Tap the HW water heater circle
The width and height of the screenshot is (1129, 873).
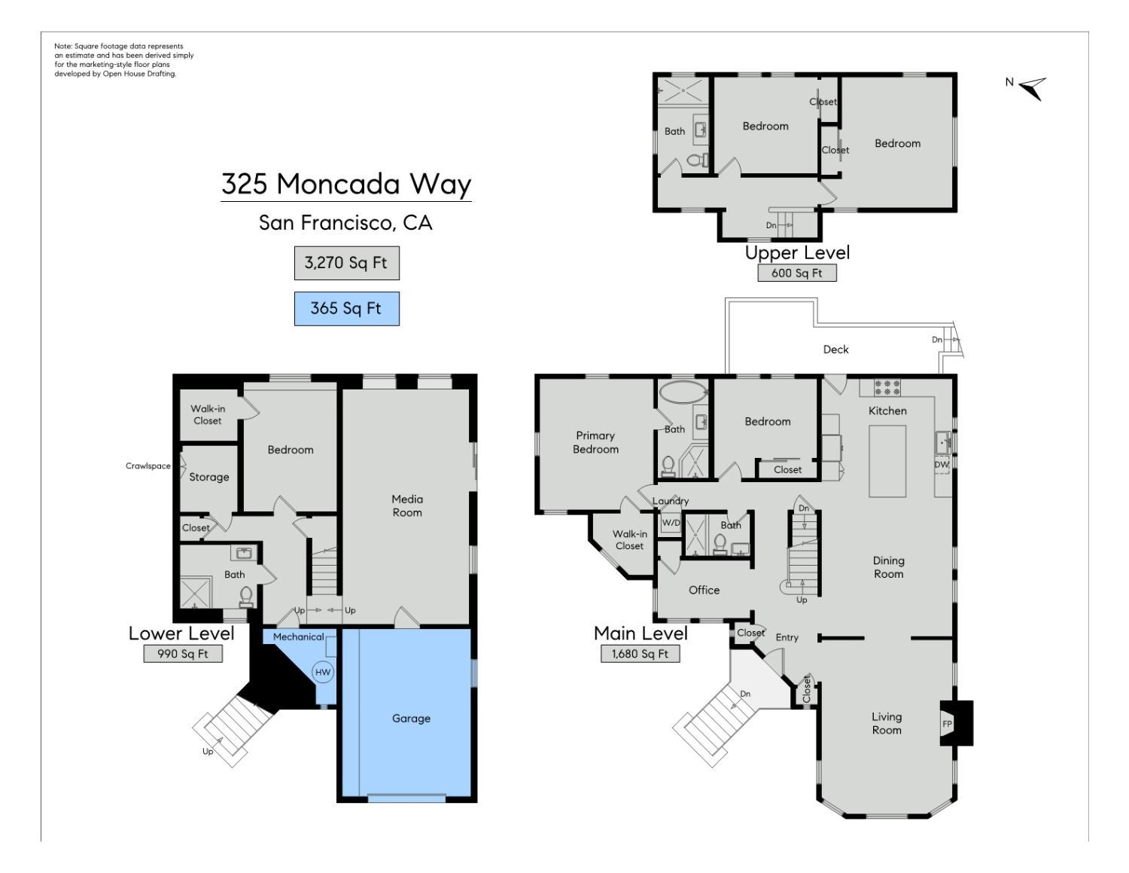(x=323, y=672)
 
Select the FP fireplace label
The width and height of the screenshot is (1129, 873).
(x=947, y=724)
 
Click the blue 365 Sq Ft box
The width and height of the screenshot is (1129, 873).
(x=346, y=308)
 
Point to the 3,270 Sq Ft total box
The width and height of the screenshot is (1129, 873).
(x=346, y=263)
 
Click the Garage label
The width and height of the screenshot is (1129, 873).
(x=411, y=719)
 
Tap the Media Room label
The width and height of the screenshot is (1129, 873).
(x=406, y=506)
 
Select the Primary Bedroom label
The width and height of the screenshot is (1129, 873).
(x=595, y=442)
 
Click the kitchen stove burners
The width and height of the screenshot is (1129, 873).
(x=887, y=387)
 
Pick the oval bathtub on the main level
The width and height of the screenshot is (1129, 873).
(x=683, y=392)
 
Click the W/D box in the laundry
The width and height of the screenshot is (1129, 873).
(x=670, y=523)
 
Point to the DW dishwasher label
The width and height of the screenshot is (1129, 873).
(x=942, y=465)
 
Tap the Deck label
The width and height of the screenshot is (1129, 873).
(x=835, y=350)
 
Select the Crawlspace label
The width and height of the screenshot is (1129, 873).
(x=148, y=466)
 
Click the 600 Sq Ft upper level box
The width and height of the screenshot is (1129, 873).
(x=797, y=273)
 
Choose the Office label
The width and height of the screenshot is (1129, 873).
(x=704, y=590)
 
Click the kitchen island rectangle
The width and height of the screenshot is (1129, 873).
(x=887, y=461)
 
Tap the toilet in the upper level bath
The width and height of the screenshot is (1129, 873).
(x=697, y=160)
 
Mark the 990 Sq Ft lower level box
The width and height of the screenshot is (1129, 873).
(x=183, y=654)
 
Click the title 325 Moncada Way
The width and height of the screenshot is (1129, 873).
(x=346, y=184)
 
